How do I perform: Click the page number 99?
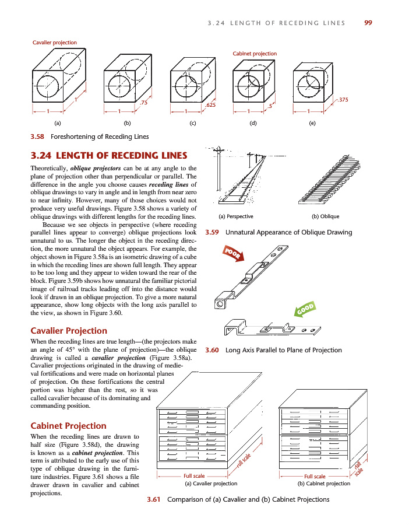(x=368, y=23)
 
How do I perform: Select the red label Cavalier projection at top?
(x=54, y=43)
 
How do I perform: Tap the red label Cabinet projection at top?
(x=255, y=54)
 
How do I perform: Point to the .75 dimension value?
(x=144, y=103)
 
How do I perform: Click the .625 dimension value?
(x=211, y=106)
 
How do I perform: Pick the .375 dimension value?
(x=343, y=100)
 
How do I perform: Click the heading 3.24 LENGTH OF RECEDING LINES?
(x=108, y=156)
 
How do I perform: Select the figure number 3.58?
(x=38, y=137)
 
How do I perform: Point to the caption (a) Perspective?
(x=235, y=216)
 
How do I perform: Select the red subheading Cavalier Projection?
(x=68, y=331)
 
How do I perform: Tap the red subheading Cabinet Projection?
(x=68, y=426)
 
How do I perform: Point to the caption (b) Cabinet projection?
(x=324, y=484)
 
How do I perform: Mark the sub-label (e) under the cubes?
(x=312, y=123)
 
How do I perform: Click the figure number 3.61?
(x=154, y=499)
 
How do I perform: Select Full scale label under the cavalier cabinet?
(x=194, y=476)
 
